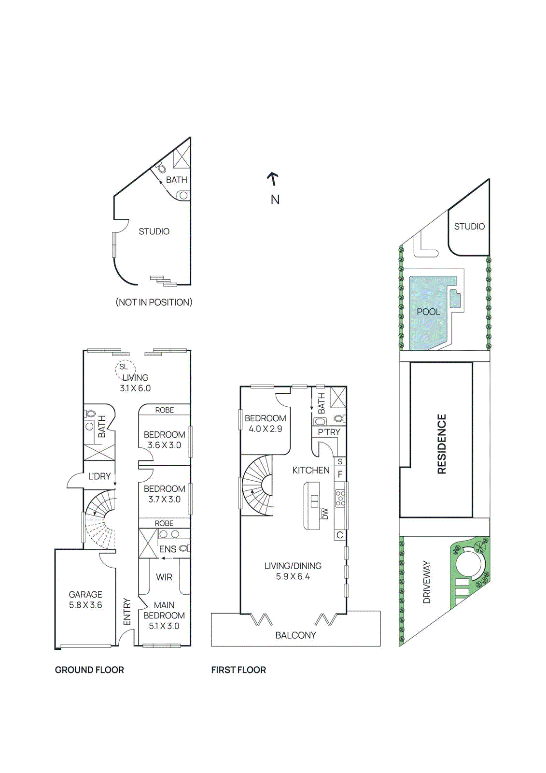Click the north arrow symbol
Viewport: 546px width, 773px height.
[x=273, y=179]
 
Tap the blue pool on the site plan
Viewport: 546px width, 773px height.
[x=429, y=312]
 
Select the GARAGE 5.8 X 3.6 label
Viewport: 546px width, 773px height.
[x=85, y=600]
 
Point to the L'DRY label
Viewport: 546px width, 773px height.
[x=99, y=476]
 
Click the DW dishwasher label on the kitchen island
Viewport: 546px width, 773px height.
[x=325, y=514]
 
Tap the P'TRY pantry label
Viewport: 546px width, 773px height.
[x=329, y=432]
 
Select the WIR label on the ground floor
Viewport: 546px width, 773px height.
[x=164, y=577]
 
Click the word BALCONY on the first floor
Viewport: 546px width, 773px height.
[x=295, y=635]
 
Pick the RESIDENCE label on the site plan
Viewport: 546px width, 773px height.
[x=441, y=444]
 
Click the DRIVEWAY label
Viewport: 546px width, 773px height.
[x=427, y=582]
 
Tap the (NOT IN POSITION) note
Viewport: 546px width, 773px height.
[x=154, y=302]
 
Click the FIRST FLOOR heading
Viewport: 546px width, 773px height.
[x=238, y=670]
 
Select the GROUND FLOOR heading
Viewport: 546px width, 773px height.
[x=89, y=670]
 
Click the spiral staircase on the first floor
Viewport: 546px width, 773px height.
[x=259, y=485]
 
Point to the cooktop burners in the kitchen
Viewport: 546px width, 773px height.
[x=340, y=498]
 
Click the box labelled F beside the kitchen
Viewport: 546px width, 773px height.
[x=340, y=474]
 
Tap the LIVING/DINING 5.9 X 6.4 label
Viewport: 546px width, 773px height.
[x=293, y=571]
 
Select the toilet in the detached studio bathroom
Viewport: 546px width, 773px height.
[x=161, y=169]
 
